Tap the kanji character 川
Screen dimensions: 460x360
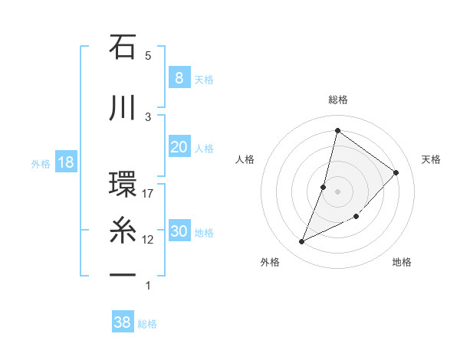click(123, 107)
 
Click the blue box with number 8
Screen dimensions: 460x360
click(179, 78)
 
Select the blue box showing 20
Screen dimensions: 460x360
click(179, 147)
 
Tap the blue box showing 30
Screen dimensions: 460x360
click(179, 231)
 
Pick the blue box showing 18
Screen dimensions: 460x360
click(65, 162)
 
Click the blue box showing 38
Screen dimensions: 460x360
click(122, 322)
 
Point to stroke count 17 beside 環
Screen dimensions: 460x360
click(148, 194)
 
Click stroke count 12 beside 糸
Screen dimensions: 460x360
click(148, 240)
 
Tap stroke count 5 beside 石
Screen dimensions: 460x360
click(148, 56)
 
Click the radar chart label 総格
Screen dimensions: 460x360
click(337, 100)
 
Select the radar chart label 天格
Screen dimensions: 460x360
click(431, 159)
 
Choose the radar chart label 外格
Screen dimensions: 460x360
click(269, 262)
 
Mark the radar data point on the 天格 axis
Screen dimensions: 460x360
click(396, 172)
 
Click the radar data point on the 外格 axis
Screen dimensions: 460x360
click(302, 241)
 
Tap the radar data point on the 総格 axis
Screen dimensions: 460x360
click(337, 130)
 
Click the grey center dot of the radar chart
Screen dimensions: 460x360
click(337, 191)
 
